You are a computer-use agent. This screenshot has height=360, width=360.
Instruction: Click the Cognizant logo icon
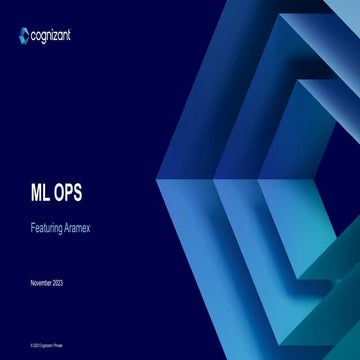(x=24, y=37)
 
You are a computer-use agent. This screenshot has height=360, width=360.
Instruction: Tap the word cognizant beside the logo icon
(x=51, y=37)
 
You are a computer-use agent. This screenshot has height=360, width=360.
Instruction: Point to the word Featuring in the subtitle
(x=47, y=227)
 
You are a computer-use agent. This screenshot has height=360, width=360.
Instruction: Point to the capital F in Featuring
(x=33, y=227)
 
